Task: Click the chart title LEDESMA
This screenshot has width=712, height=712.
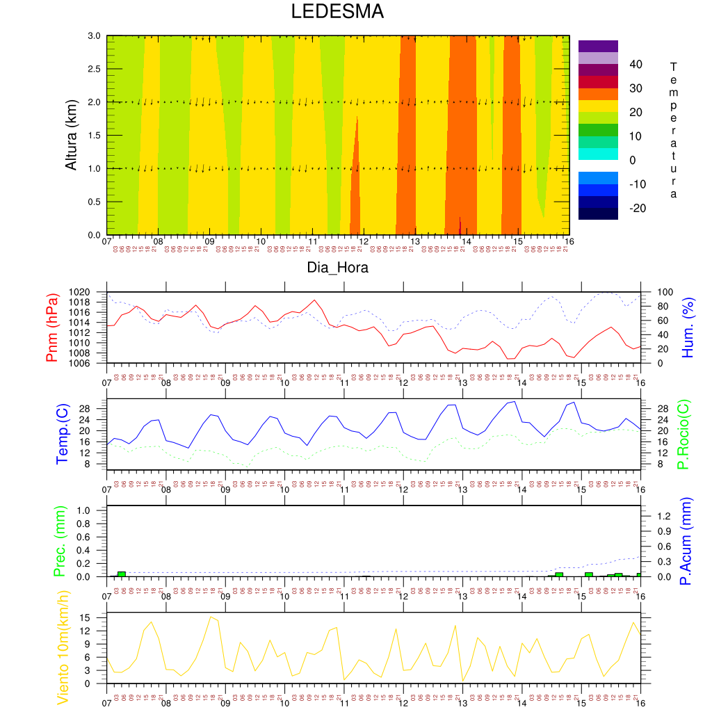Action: click(x=337, y=12)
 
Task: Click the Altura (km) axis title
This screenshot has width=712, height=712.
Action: click(x=71, y=135)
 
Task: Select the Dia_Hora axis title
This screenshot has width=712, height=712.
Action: click(x=338, y=267)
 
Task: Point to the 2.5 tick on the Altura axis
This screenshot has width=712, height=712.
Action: click(x=93, y=69)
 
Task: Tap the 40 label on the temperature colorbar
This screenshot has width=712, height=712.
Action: click(x=636, y=65)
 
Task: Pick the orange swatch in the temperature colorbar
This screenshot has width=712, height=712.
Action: click(x=598, y=93)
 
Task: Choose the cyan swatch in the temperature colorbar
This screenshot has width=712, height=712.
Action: click(x=598, y=154)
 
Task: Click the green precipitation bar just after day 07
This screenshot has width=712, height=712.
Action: click(x=122, y=574)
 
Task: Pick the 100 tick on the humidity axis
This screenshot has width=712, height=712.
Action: click(x=657, y=292)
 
